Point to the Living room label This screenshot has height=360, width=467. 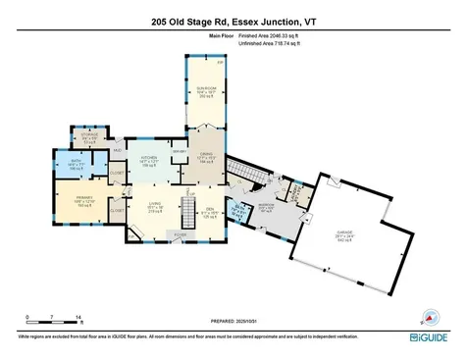pos(155,208)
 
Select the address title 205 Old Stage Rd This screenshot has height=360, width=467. pos(233,22)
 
